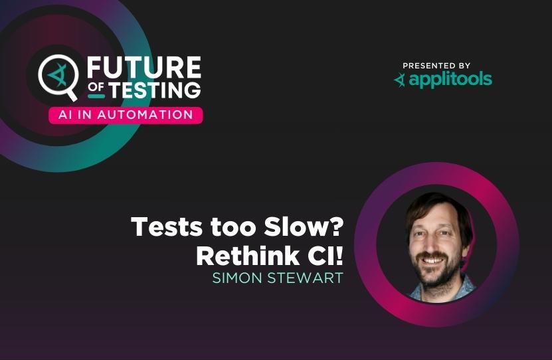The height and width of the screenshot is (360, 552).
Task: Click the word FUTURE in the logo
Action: pyautogui.click(x=144, y=67)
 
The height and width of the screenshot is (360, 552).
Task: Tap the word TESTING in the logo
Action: pyautogui.click(x=155, y=90)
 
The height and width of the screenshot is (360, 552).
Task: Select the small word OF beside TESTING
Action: pyautogui.click(x=96, y=87)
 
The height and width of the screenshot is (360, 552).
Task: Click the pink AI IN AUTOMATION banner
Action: pyautogui.click(x=126, y=115)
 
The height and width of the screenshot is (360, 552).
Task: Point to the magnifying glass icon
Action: pyautogui.click(x=58, y=77)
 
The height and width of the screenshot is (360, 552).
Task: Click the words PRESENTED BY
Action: pyautogui.click(x=436, y=66)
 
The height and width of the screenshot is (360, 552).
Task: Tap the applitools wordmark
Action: pyautogui.click(x=450, y=80)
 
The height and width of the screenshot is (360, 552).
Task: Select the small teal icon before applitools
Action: pyautogui.click(x=400, y=80)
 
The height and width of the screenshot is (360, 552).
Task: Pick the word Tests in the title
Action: pyautogui.click(x=167, y=226)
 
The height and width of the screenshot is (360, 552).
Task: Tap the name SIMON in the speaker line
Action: pyautogui.click(x=237, y=278)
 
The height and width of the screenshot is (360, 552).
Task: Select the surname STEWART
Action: pyautogui.click(x=305, y=278)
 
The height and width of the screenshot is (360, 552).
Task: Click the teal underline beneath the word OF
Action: pyautogui.click(x=96, y=96)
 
